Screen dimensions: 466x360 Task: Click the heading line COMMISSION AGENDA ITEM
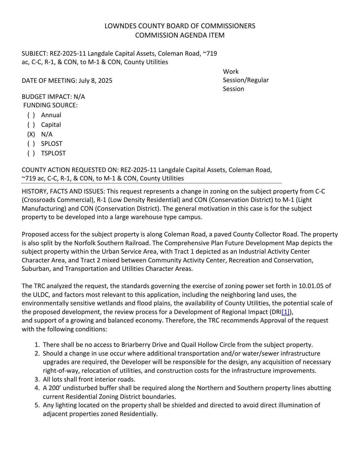[180, 35]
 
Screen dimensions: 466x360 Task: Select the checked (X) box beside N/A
[31, 134]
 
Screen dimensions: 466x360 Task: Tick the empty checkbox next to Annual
[31, 115]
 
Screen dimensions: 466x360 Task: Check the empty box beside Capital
[31, 125]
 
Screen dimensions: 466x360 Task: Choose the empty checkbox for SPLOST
[31, 144]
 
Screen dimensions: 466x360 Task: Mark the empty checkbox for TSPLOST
[31, 153]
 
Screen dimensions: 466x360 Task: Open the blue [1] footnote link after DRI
[286, 312]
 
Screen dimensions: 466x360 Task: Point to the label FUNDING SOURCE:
[50, 105]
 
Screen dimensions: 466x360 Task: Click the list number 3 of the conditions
[37, 379]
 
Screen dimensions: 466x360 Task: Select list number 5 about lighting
[37, 405]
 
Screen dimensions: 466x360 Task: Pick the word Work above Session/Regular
[231, 72]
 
